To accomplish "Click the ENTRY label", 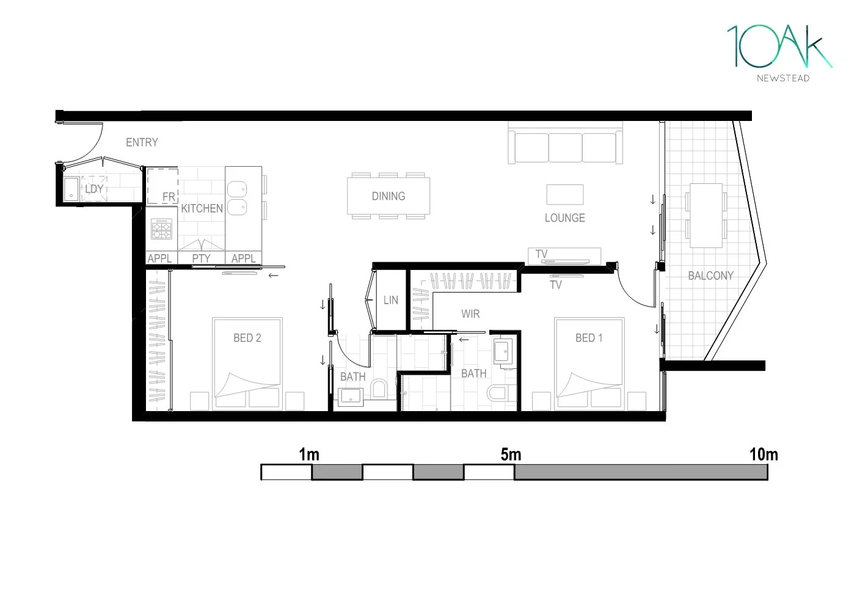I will (x=142, y=142).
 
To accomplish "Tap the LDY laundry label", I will (x=93, y=189).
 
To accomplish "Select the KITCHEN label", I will (x=202, y=208).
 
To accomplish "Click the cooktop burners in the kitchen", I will (x=161, y=229).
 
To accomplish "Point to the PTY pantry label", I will (x=201, y=258).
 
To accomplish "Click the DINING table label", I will (x=388, y=196).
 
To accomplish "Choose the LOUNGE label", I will (x=564, y=218).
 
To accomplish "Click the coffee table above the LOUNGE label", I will (x=564, y=194).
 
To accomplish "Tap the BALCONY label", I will (x=710, y=276).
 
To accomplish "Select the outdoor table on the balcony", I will (x=706, y=215).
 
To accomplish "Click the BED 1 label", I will (x=589, y=338).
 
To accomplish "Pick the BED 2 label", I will (x=247, y=338).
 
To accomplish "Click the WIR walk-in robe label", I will (x=470, y=314).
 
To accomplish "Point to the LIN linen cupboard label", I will (x=391, y=301).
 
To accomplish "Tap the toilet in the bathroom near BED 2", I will (x=379, y=389).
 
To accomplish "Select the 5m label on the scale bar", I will (x=511, y=454).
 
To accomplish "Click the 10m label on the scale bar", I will (x=764, y=454).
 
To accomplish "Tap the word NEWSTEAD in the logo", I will (x=783, y=78).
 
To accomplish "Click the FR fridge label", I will (x=169, y=197).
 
